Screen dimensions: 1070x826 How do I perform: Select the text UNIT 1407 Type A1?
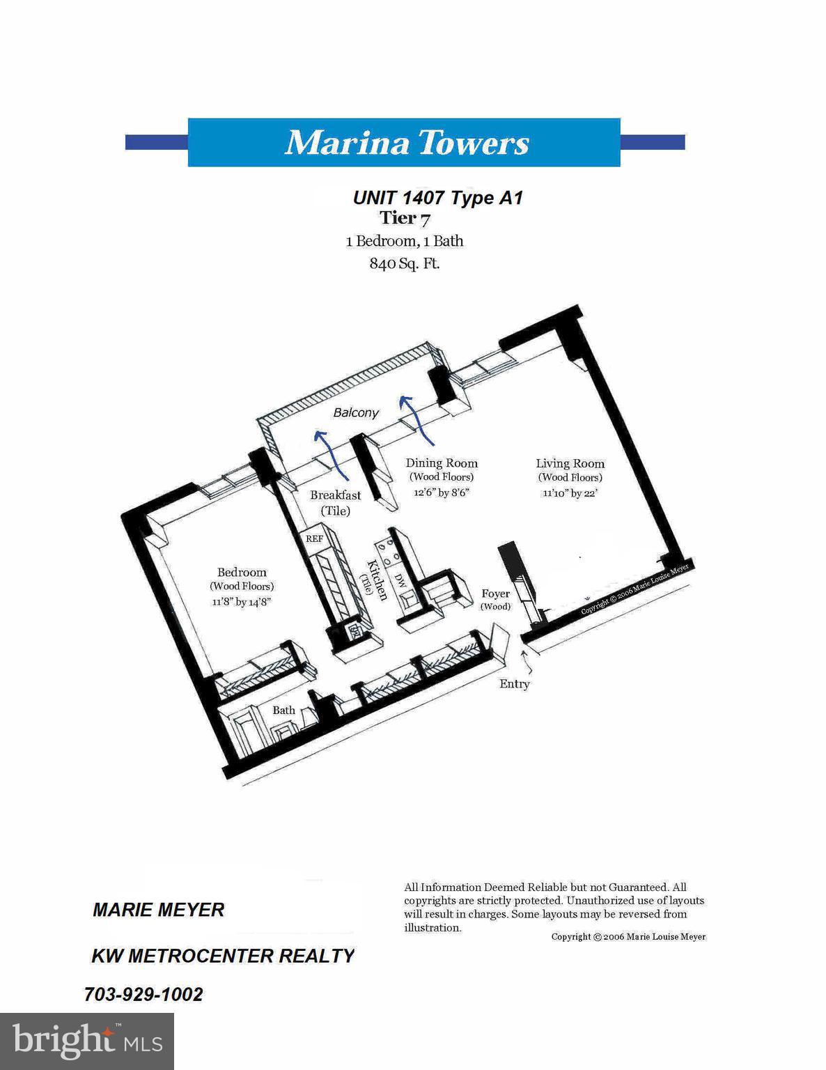coord(437,198)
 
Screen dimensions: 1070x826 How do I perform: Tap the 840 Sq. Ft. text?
coord(404,264)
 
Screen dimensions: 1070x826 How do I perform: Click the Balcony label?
coord(356,412)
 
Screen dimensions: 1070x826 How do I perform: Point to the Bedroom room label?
coord(242,573)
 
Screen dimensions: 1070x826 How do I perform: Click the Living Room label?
coord(570,463)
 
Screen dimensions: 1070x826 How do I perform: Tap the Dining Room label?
coord(442,463)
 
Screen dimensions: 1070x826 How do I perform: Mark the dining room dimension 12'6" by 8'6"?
coord(441,493)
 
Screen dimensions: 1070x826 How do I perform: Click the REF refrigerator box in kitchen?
coord(314,538)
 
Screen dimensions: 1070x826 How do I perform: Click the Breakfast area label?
coord(336,495)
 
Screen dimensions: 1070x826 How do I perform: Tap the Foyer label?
coord(495,594)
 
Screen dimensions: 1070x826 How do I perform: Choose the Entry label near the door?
coord(514,684)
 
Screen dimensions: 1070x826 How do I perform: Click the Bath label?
coord(283,711)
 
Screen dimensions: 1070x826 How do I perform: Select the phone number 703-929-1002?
coord(143,994)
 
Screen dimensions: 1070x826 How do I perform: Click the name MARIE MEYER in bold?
coord(158,910)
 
